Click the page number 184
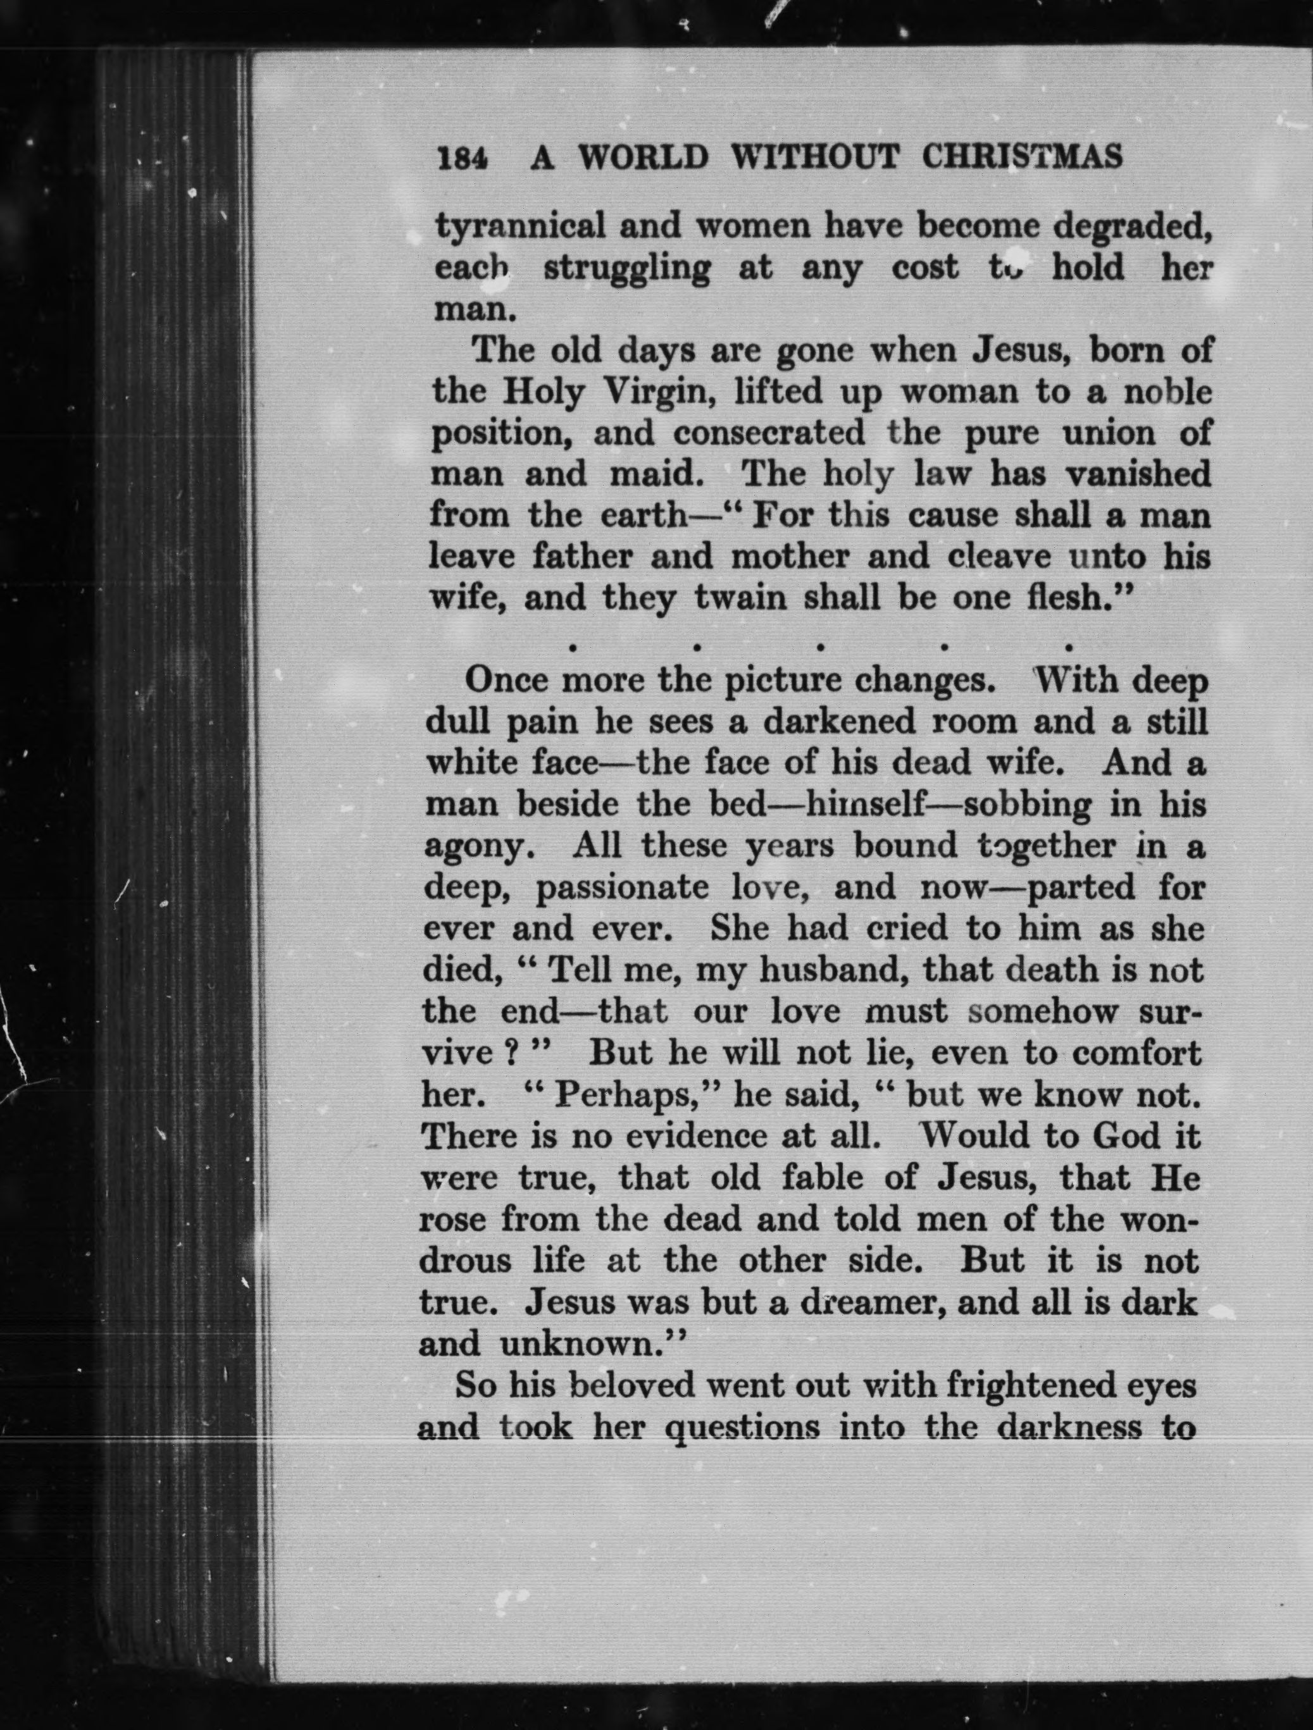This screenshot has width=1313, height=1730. coord(463,159)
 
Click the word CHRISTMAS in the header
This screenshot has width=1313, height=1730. coord(1022,158)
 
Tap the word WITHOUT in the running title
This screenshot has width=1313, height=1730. coord(814,158)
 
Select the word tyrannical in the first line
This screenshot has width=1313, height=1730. coord(520,228)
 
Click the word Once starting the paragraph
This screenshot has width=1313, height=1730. coord(505,681)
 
